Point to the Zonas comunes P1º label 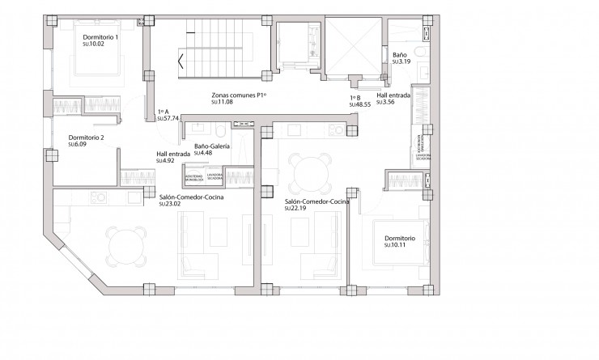[x=239, y=95]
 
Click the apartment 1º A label [x=163, y=112]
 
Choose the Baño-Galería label [x=212, y=146]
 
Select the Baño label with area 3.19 [x=400, y=54]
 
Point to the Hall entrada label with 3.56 [x=393, y=95]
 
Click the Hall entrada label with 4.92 [x=173, y=154]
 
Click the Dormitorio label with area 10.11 [x=400, y=239]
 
